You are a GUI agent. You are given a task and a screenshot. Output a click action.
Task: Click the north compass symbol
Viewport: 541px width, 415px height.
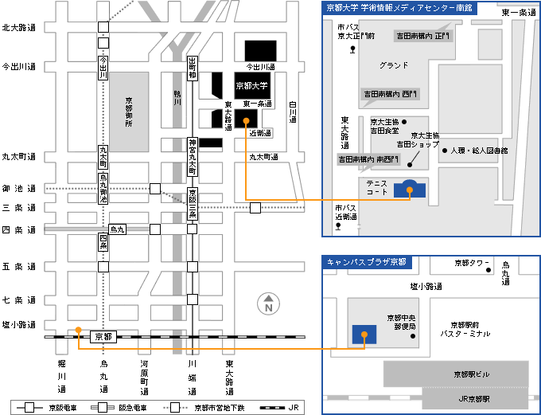pyautogui.click(x=269, y=303)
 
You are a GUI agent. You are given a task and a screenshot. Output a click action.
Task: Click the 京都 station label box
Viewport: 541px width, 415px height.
pyautogui.click(x=103, y=336)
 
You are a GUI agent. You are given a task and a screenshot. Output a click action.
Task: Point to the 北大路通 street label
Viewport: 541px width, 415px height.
pyautogui.click(x=19, y=27)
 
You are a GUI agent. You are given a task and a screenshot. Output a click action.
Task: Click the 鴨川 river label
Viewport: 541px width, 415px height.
pyautogui.click(x=177, y=98)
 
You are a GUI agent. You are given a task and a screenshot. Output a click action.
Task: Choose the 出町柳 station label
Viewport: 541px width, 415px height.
pyautogui.click(x=192, y=69)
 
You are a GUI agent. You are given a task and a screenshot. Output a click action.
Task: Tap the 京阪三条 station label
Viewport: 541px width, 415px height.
pyautogui.click(x=192, y=204)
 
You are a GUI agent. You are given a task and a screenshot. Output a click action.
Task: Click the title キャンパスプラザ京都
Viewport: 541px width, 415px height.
pyautogui.click(x=366, y=261)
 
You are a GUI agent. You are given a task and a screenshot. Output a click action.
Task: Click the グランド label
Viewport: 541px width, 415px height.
pyautogui.click(x=393, y=65)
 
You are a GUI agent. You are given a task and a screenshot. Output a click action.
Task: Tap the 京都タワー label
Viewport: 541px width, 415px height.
pyautogui.click(x=471, y=262)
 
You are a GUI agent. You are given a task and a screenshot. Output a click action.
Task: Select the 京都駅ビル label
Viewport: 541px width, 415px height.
pyautogui.click(x=472, y=373)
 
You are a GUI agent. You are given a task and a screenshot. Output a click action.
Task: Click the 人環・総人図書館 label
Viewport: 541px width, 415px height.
pyautogui.click(x=479, y=150)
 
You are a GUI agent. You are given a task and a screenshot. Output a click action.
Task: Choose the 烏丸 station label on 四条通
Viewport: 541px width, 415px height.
pyautogui.click(x=117, y=229)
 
